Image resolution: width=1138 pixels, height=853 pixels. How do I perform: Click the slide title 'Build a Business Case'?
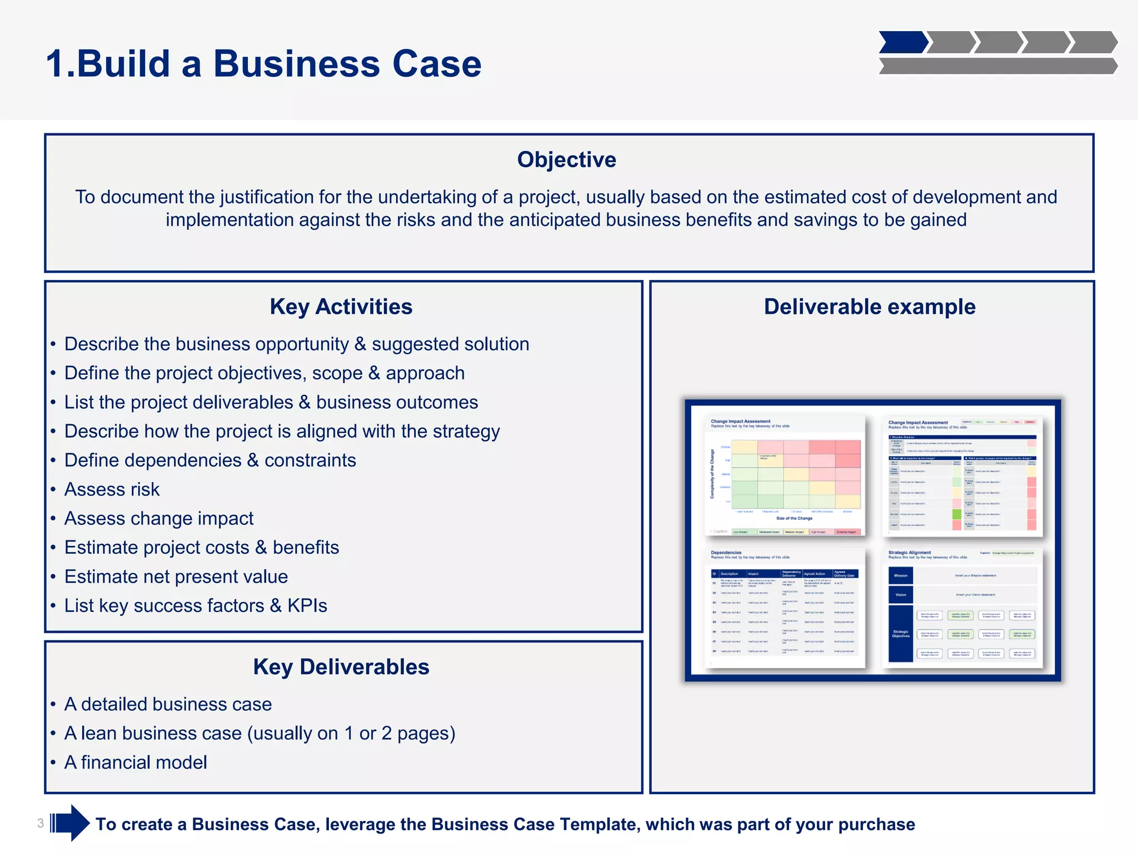click(263, 63)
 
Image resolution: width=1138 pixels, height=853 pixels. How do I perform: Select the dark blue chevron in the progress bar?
click(902, 42)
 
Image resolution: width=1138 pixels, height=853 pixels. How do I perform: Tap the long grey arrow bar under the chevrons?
click(997, 66)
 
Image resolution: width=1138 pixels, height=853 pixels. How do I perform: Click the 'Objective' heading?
click(566, 160)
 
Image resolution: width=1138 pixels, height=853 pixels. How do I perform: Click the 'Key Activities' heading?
click(341, 307)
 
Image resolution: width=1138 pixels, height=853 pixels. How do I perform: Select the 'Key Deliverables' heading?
click(341, 667)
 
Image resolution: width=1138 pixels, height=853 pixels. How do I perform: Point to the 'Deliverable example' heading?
click(869, 307)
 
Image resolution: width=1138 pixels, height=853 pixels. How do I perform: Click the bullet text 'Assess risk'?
click(112, 489)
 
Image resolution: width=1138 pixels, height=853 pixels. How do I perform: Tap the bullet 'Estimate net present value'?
click(176, 576)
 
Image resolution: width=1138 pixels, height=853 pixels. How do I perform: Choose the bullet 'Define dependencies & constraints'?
click(210, 460)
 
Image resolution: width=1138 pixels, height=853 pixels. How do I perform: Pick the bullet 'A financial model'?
click(136, 762)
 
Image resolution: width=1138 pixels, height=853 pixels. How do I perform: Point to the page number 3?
click(41, 823)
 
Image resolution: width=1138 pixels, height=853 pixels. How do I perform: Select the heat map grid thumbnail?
click(785, 476)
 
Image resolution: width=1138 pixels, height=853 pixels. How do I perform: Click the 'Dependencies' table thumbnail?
click(785, 608)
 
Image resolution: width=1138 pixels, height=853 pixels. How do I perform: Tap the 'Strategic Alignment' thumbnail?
click(962, 608)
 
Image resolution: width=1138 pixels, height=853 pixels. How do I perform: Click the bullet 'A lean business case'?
click(259, 734)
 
